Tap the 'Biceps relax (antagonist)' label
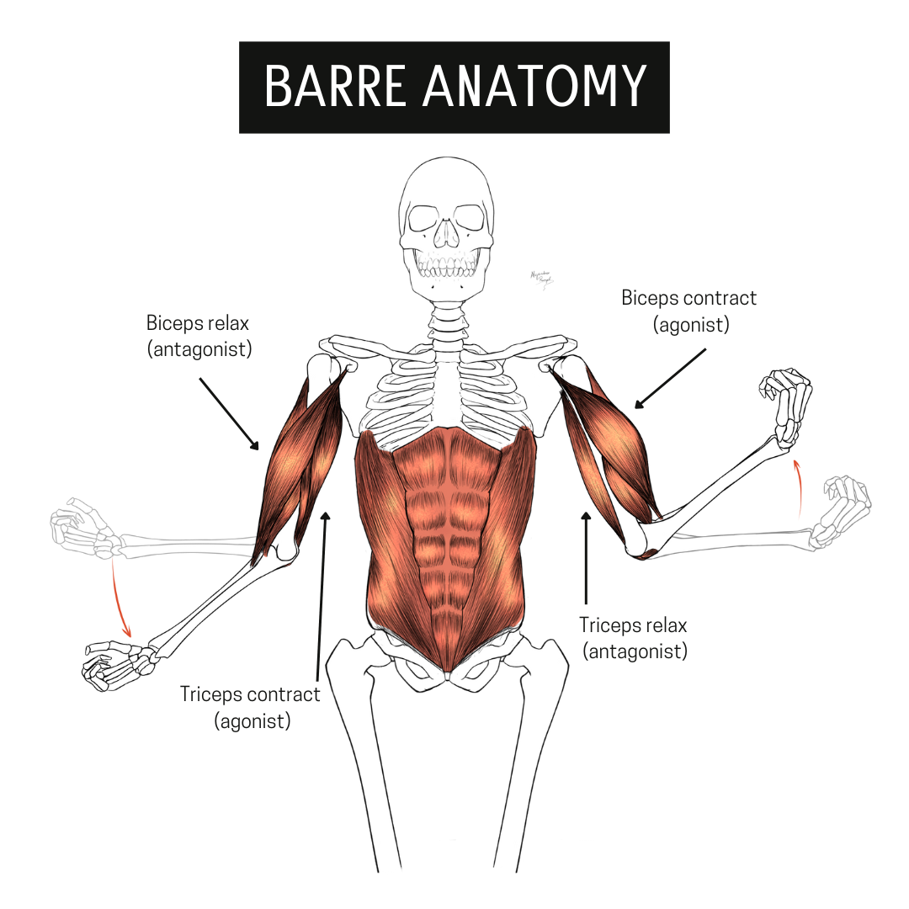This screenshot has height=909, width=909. coord(199,336)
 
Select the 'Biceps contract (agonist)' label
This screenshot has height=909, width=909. coord(688,311)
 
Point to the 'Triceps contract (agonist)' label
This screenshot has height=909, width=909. coord(251,707)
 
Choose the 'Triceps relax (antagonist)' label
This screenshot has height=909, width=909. coord(633,638)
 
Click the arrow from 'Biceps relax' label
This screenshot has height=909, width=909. coord(229,413)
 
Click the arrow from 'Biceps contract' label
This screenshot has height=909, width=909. coord(671,379)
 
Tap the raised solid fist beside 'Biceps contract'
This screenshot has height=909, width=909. coord(785,406)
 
